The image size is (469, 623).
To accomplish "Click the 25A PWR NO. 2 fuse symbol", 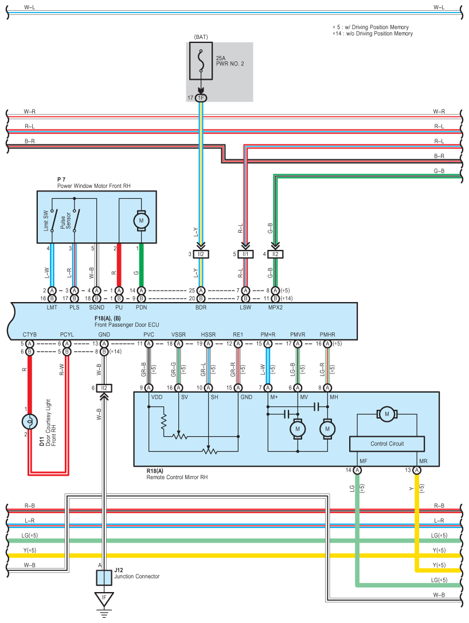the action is pos(201,61).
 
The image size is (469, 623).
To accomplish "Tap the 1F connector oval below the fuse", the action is pos(201,98).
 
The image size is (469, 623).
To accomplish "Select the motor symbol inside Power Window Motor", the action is pos(141,221).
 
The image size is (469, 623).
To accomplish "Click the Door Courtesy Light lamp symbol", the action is pos(30,422).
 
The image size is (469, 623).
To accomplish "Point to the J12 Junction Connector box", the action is pos(104,578).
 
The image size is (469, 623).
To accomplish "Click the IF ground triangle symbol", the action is pos(104,599).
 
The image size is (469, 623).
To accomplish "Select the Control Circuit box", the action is pos(387,444).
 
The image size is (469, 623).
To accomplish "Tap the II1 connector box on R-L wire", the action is pos(245,254).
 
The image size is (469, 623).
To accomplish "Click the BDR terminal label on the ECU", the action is pos(201,308).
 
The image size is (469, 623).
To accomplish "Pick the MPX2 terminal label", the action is pos(275,308).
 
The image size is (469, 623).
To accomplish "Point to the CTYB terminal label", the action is pos(30,335).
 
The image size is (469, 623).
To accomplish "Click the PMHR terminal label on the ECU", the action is pos(327,335).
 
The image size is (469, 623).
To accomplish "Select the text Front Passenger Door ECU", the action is pos(127,324).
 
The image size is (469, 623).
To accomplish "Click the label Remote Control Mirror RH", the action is pos(177,477).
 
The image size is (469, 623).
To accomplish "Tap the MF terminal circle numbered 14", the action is pos(357,471).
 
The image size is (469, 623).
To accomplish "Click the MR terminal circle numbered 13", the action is pos(416,471).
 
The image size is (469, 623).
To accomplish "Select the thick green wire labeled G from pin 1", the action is pos(141,265).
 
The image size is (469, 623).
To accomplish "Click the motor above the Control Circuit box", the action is pos(387,414).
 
